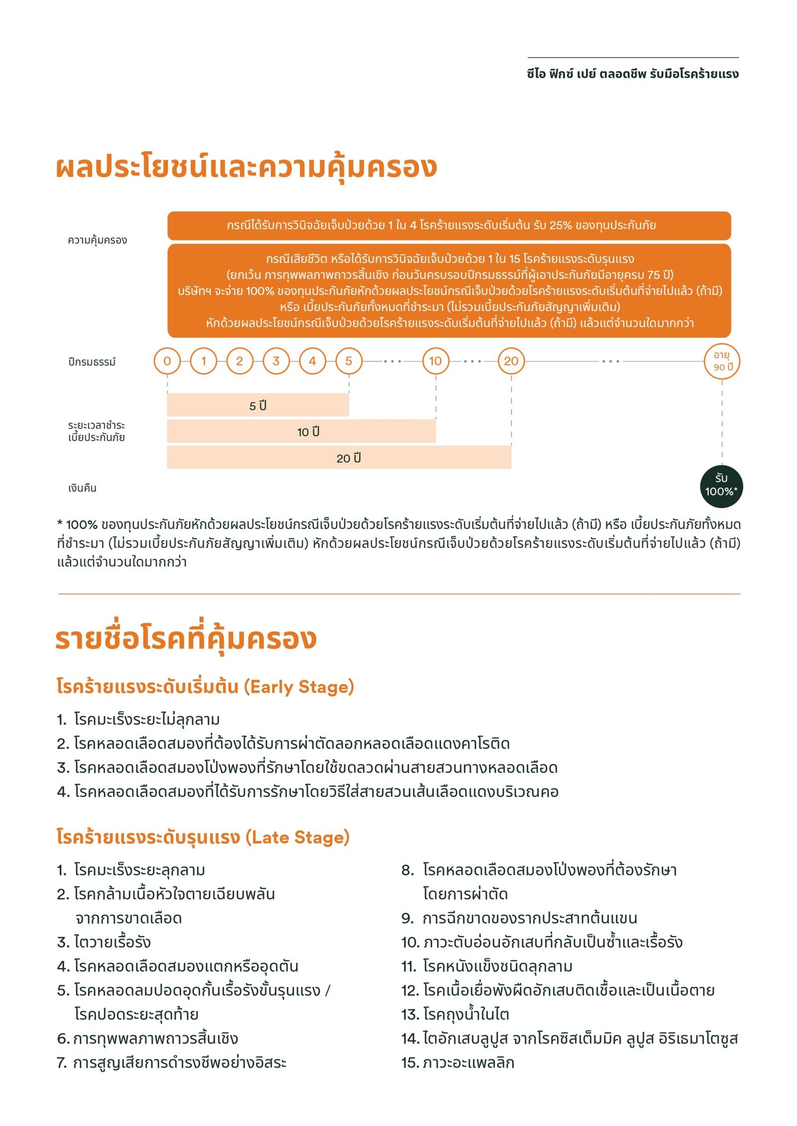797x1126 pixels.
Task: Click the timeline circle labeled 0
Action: click(167, 361)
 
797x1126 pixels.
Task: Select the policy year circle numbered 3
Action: click(276, 361)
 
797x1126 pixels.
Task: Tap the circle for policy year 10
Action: click(435, 361)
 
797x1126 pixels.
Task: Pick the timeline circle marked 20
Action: click(511, 361)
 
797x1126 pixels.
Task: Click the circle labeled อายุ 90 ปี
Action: click(722, 361)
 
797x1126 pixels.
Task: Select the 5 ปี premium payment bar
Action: click(258, 405)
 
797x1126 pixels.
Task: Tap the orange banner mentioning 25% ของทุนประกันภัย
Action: click(448, 225)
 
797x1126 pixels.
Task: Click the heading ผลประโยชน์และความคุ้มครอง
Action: click(246, 167)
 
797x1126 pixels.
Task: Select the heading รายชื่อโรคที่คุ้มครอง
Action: click(185, 639)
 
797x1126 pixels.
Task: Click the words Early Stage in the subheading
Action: click(298, 687)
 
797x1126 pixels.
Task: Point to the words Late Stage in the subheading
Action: click(297, 837)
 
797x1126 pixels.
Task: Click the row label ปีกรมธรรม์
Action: click(92, 362)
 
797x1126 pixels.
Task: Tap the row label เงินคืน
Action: click(83, 488)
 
